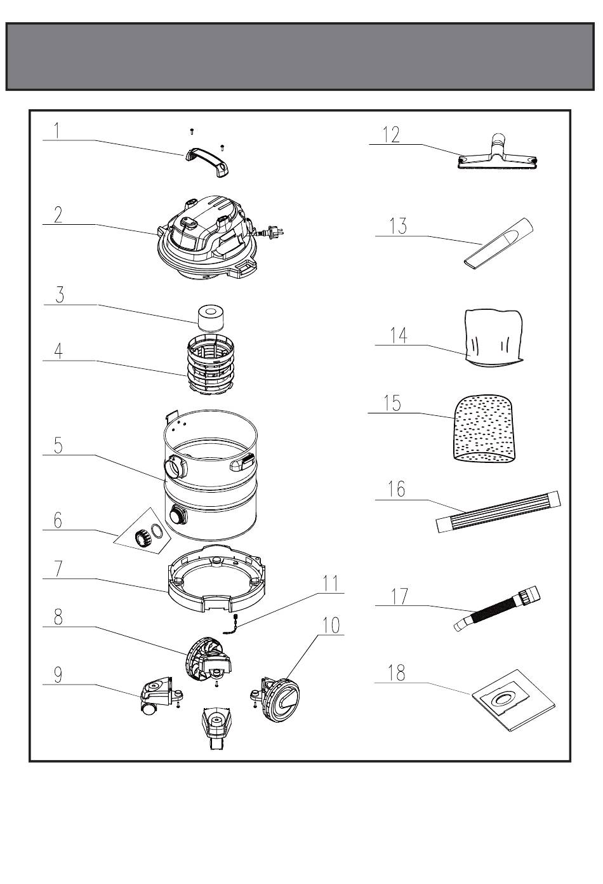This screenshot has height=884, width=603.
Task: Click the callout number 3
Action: click(x=60, y=295)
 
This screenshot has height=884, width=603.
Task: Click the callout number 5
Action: click(x=58, y=445)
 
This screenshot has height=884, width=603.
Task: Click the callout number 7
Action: click(x=58, y=568)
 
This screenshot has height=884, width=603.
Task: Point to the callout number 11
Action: click(x=331, y=584)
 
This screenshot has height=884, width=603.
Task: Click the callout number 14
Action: click(x=399, y=335)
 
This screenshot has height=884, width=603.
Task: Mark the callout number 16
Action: click(x=397, y=490)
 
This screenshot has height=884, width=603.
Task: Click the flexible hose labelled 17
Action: click(x=498, y=611)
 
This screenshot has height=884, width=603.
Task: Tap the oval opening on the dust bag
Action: click(x=506, y=699)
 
